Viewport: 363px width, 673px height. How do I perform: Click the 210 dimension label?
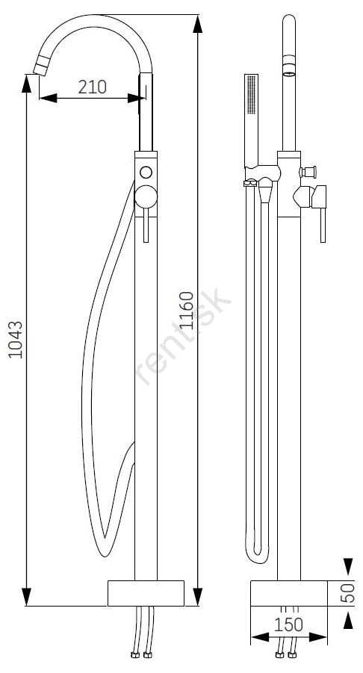93,87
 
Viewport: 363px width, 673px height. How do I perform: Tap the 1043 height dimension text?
16,339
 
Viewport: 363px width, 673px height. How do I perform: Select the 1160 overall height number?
187,310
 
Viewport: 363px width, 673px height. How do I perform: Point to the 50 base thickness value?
350,593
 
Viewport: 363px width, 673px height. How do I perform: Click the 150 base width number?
288,625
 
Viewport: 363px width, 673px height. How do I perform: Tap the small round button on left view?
146,173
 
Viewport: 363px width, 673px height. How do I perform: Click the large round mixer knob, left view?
146,197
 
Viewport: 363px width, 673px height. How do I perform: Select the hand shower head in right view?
251,120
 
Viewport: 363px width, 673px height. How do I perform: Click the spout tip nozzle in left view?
41,69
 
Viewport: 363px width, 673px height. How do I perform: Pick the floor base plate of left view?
146,593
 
